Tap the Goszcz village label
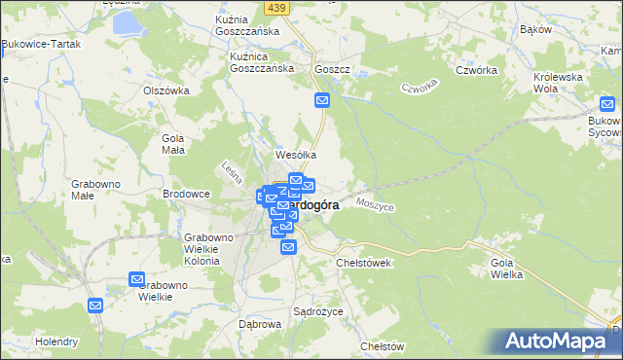click(332, 71)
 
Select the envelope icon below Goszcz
click(323, 100)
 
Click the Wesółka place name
click(297, 155)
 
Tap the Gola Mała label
click(172, 144)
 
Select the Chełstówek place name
click(363, 263)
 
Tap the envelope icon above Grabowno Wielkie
click(136, 279)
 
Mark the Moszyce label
click(375, 205)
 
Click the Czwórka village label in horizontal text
click(477, 71)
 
